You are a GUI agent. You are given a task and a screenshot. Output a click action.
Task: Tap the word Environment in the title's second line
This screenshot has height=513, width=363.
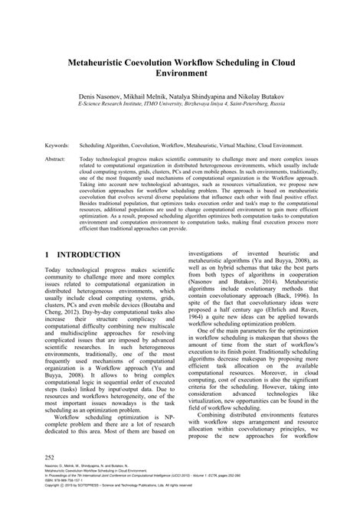pos(181,75)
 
